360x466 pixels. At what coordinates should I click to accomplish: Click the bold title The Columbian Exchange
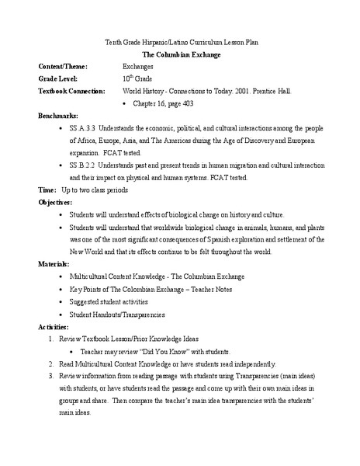(x=179, y=55)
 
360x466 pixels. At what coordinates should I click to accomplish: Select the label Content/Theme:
(x=64, y=67)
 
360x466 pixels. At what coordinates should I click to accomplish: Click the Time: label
(x=47, y=190)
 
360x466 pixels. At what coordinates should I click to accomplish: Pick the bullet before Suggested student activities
(x=61, y=301)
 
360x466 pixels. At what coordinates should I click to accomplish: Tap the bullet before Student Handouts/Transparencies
(x=61, y=313)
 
